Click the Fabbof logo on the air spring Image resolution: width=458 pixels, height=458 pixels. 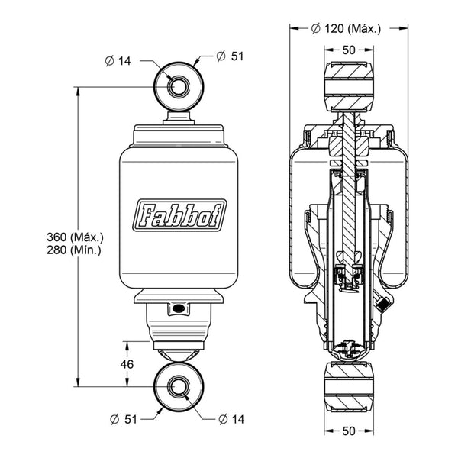pos(179,215)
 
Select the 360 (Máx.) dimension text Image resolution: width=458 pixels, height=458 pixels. pos(75,237)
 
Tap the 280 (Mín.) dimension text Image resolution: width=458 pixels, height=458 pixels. pos(74,250)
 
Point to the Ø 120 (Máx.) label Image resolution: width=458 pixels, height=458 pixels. pos(346,29)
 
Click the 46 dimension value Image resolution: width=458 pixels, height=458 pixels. pos(127,364)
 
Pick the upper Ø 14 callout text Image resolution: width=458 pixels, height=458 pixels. pos(118,61)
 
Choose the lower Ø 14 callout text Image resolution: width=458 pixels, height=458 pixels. pos(231,419)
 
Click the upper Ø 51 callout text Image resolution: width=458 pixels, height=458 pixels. pos(231,56)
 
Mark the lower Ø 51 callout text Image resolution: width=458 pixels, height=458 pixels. pos(124,419)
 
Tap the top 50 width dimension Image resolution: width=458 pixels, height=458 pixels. pos(349,50)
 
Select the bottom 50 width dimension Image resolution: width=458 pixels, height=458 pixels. pos(349,431)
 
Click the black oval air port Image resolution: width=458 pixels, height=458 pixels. pos(179,308)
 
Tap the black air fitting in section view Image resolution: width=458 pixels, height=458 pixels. pos(382,304)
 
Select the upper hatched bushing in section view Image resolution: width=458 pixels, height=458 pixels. pos(349,86)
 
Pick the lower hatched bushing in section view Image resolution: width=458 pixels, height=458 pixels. pos(349,386)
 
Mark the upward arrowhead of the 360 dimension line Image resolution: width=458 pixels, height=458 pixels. pos(78,92)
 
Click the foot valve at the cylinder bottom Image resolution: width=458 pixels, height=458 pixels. pos(349,349)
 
